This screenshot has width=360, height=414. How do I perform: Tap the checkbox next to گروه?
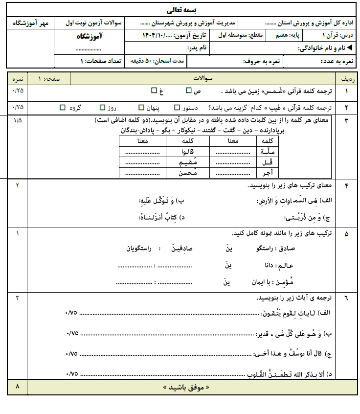click(62, 107)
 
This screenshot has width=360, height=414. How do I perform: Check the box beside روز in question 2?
click(102, 107)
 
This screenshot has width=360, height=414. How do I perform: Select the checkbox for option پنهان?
click(141, 107)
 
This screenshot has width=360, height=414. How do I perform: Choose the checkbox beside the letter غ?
click(154, 91)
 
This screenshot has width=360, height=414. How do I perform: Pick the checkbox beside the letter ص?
click(189, 91)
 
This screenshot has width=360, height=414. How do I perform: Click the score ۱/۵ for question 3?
click(18, 120)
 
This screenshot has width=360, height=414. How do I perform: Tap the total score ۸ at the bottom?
click(18, 387)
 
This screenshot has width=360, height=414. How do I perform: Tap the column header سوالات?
click(201, 78)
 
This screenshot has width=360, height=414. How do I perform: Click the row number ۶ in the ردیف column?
click(347, 298)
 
